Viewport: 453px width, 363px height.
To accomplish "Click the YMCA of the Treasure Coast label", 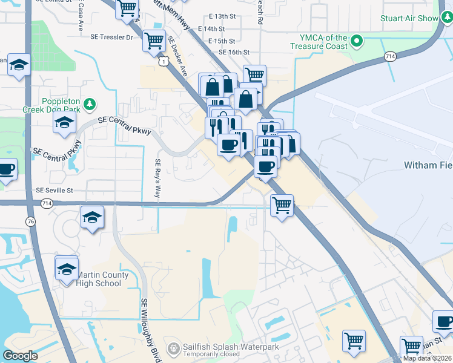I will tap(319, 42).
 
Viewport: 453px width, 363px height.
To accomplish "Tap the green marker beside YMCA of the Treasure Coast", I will tap(357, 41).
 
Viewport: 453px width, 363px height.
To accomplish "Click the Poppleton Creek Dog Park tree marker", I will tap(90, 103).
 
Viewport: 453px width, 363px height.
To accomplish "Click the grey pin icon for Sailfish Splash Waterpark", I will tap(174, 348).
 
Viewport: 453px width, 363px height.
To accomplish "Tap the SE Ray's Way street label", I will tap(157, 179).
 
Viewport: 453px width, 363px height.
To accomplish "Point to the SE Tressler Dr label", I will tap(111, 37).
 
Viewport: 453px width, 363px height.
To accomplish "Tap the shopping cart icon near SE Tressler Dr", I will tap(154, 41).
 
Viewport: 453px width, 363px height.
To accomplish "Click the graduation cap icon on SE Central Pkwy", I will tap(64, 122).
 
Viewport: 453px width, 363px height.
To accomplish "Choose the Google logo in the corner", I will tap(20, 356).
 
